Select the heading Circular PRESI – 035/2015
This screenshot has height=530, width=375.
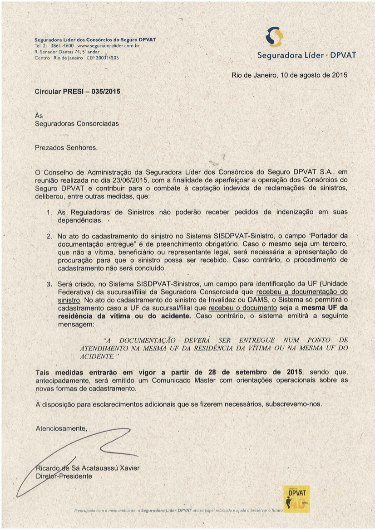pyautogui.click(x=78, y=92)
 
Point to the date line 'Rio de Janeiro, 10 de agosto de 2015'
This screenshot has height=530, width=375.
pyautogui.click(x=289, y=75)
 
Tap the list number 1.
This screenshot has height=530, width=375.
pyautogui.click(x=49, y=212)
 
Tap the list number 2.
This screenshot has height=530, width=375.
pyautogui.click(x=49, y=236)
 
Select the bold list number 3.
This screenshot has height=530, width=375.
pyautogui.click(x=49, y=284)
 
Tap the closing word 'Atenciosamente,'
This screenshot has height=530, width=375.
pyautogui.click(x=61, y=428)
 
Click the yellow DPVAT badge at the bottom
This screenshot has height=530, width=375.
pyautogui.click(x=296, y=499)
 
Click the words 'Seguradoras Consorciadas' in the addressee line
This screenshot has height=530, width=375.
pyautogui.click(x=77, y=123)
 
